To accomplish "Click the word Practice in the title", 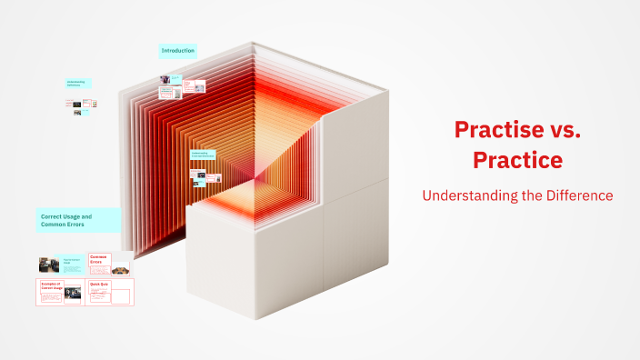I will [517, 160].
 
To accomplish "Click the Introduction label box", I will [178, 51].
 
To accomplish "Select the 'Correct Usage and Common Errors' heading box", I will [78, 220].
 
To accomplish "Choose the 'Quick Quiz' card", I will [110, 292].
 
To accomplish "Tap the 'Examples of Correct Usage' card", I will [60, 292].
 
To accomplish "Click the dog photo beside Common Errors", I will [121, 267].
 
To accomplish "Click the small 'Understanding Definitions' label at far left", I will [78, 83].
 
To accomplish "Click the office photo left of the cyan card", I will [49, 264].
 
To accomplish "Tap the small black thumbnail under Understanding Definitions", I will [77, 104].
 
